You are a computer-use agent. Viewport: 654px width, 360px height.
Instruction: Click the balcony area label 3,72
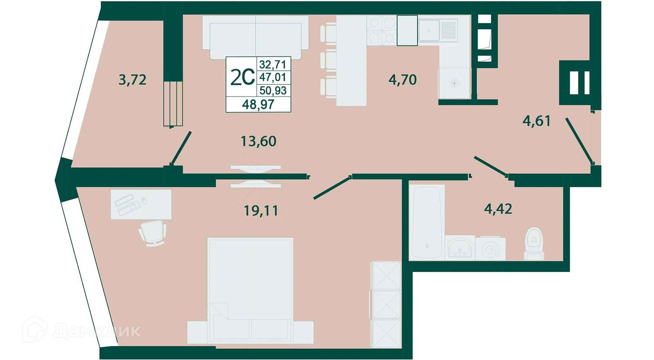133,80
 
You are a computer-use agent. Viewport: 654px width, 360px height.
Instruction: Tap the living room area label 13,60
258,141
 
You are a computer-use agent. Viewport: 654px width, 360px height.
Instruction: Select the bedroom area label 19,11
261,211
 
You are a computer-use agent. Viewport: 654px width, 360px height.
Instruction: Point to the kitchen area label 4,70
402,80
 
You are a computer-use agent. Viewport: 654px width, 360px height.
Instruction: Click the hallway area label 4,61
536,121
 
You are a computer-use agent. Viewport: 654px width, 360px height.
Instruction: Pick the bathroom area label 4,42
498,209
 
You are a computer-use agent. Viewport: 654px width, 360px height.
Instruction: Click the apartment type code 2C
242,77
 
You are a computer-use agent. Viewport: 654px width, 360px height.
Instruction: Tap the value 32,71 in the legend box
272,64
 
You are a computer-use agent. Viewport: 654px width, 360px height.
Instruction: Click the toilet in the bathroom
534,243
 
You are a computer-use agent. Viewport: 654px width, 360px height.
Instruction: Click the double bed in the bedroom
250,286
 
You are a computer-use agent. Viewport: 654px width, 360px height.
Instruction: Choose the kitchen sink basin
429,30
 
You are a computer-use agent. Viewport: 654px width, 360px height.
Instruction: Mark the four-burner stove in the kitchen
381,30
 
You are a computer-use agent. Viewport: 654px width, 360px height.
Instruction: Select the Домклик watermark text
97,331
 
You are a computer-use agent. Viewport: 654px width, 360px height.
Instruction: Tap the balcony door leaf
181,148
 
